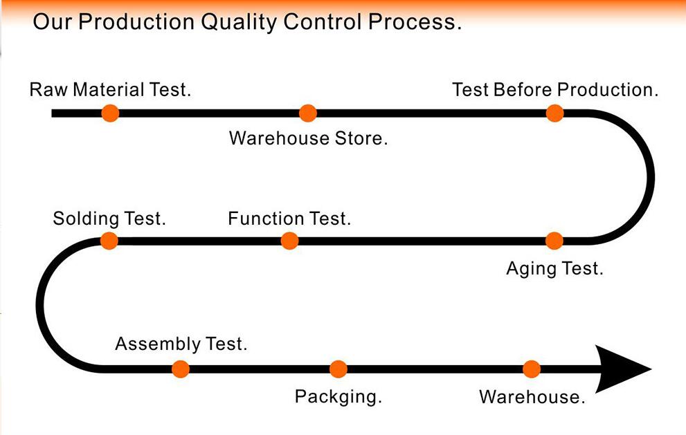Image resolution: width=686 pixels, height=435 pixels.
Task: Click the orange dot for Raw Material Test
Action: coord(110,113)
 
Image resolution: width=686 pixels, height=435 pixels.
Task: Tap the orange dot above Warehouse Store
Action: coord(308,113)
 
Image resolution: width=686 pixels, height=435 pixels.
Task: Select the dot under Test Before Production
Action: coord(554,113)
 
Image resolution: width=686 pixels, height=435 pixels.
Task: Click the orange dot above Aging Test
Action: coord(554,241)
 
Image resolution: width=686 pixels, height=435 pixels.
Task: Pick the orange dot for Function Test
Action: coord(289,241)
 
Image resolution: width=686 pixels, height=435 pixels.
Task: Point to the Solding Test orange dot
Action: coord(109,241)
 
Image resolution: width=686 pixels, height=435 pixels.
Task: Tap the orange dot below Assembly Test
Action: coord(181,369)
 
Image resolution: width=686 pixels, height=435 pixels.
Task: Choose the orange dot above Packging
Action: coord(339,369)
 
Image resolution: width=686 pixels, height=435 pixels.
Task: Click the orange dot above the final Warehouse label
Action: coord(532,369)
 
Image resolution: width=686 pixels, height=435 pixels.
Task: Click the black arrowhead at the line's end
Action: coord(621,369)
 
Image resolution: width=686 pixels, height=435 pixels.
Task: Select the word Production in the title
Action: coord(136,22)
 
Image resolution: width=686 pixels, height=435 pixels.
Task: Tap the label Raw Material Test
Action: coord(110,90)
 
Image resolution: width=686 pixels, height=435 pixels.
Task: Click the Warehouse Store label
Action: coord(309,138)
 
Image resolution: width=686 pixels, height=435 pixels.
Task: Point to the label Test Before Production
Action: coord(555,90)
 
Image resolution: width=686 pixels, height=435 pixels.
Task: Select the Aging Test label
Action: coord(554,269)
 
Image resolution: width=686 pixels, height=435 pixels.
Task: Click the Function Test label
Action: coord(289,218)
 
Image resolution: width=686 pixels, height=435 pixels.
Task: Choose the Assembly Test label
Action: coord(181,344)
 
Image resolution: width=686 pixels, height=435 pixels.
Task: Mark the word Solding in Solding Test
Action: coord(86,219)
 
